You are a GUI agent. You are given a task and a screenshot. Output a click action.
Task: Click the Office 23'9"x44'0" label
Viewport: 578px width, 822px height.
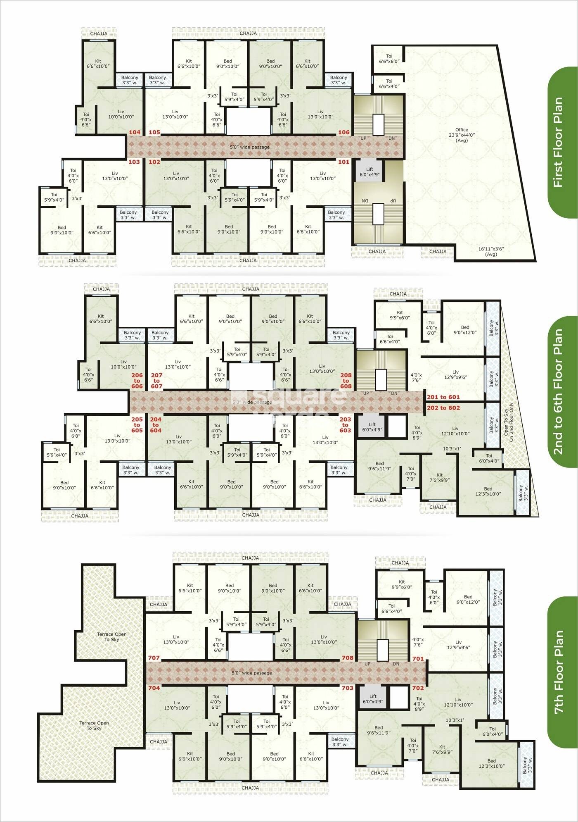(x=462, y=135)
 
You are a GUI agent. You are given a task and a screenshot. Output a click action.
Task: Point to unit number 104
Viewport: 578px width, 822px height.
(x=135, y=133)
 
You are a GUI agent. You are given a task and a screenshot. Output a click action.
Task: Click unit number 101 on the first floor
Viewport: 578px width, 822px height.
(x=343, y=162)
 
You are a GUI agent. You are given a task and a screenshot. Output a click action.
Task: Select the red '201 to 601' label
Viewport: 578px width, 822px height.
(x=443, y=397)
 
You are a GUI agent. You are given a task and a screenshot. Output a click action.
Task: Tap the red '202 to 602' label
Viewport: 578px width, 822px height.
(x=443, y=408)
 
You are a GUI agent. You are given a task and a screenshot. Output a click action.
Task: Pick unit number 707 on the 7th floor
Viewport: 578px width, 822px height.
(x=154, y=658)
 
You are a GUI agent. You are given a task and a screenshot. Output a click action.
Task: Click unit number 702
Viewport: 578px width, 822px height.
(x=418, y=688)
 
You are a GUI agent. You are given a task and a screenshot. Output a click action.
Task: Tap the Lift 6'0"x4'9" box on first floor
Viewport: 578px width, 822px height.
(x=370, y=172)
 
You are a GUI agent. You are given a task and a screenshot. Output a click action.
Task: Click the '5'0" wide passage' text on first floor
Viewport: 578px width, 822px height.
(x=249, y=147)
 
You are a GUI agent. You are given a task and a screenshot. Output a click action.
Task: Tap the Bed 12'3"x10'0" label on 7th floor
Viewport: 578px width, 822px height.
(x=491, y=763)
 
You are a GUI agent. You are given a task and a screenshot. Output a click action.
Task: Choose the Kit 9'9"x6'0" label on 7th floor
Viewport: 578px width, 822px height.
(x=402, y=584)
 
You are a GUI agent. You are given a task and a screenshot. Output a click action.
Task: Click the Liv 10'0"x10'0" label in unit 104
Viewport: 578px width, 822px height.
(x=121, y=114)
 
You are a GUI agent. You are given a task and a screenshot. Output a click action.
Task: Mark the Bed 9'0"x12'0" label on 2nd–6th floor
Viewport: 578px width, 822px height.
(x=465, y=330)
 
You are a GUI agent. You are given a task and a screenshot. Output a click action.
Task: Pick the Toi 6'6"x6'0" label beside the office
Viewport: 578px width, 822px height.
(x=389, y=59)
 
